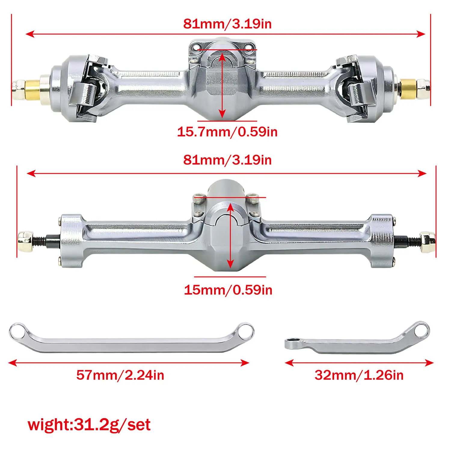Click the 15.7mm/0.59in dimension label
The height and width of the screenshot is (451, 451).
pos(227,132)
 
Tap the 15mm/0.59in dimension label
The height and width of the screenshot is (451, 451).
pos(228,290)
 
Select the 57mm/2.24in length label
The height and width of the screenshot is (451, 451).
pos(120,375)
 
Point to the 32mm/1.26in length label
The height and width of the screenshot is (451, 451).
pos(359,375)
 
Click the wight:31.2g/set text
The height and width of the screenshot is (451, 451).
pos(89,425)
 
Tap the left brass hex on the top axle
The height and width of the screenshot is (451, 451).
pos(32,89)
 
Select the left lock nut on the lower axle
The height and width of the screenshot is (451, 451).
pos(25,241)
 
